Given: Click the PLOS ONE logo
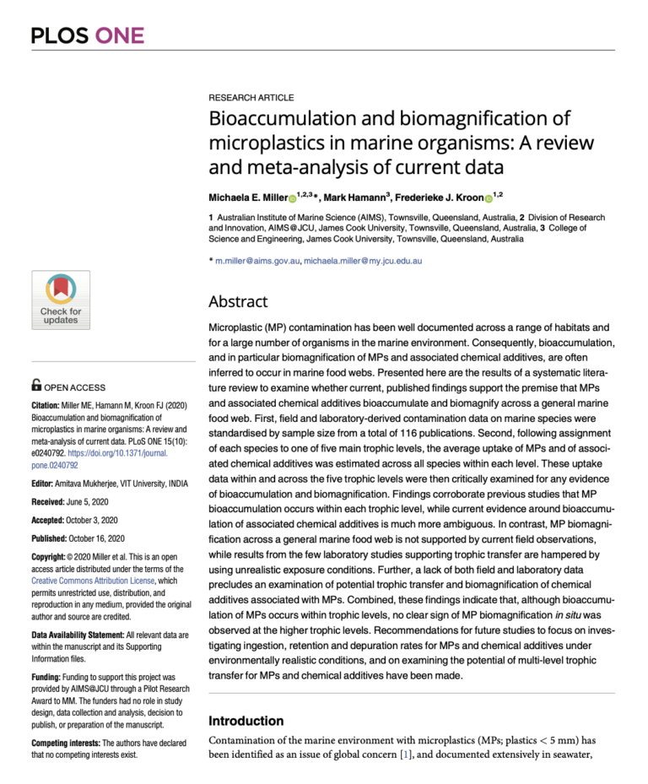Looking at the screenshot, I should tap(88, 35).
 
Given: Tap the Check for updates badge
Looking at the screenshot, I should tap(61, 300).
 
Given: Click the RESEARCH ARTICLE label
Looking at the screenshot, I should tap(251, 98).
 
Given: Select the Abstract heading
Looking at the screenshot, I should tap(238, 301).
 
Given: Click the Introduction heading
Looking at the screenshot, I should tap(246, 721).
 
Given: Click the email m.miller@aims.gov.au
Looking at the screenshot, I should tap(257, 261).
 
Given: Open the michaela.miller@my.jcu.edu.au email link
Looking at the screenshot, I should tap(363, 261).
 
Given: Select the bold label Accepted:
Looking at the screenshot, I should tap(52, 520).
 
